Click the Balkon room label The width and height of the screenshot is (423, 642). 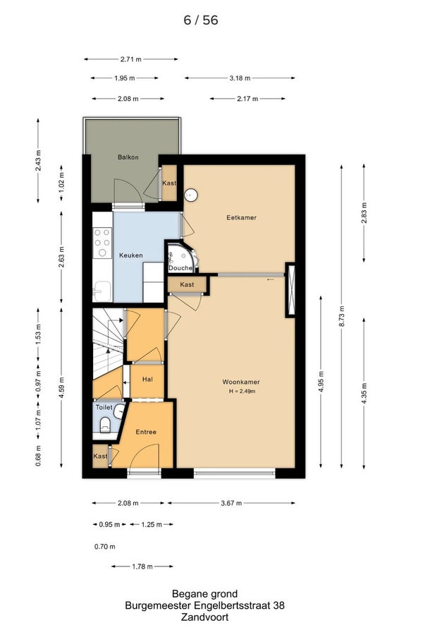point(128,157)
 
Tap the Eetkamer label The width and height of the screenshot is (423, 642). point(241,217)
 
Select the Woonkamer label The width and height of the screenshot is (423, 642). point(241,382)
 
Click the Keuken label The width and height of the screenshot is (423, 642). point(131,255)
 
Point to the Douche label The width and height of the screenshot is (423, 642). point(180,268)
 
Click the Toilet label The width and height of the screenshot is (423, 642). point(104,407)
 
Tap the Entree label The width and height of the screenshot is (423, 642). point(146,432)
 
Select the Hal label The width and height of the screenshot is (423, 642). point(147,380)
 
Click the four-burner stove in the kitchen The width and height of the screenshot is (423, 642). point(102,243)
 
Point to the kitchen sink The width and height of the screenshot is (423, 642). point(102,291)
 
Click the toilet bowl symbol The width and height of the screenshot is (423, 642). point(105,425)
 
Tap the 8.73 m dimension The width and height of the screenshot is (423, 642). point(342,316)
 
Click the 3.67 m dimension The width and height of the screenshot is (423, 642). point(231,503)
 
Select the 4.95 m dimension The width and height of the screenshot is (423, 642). point(321,382)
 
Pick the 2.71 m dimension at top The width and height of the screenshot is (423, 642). point(131,59)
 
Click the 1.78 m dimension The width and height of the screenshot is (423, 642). point(142,567)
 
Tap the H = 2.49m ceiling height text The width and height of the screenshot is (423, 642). point(243,392)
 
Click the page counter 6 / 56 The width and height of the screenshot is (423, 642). point(201,20)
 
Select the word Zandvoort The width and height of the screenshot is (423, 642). point(205,618)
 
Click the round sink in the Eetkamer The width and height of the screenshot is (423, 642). point(190,195)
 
